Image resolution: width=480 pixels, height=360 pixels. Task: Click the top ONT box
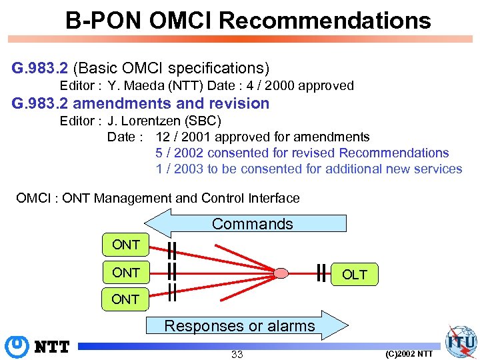(x=125, y=245)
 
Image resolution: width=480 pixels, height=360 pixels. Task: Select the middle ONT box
(x=125, y=273)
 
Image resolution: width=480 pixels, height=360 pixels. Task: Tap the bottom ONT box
(x=125, y=299)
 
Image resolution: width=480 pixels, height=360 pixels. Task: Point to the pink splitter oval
(x=282, y=273)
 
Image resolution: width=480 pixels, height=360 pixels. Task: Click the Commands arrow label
(x=252, y=224)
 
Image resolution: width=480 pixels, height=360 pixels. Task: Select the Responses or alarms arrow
(x=240, y=326)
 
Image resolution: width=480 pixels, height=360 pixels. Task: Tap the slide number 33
(x=237, y=354)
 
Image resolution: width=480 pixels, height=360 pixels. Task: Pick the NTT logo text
(x=53, y=347)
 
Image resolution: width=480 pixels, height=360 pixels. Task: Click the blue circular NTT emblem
(x=15, y=347)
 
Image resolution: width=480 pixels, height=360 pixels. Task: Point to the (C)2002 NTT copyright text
(x=409, y=353)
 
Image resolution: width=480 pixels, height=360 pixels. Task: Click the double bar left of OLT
(x=322, y=273)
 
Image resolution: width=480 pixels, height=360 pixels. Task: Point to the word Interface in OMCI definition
(x=273, y=198)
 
